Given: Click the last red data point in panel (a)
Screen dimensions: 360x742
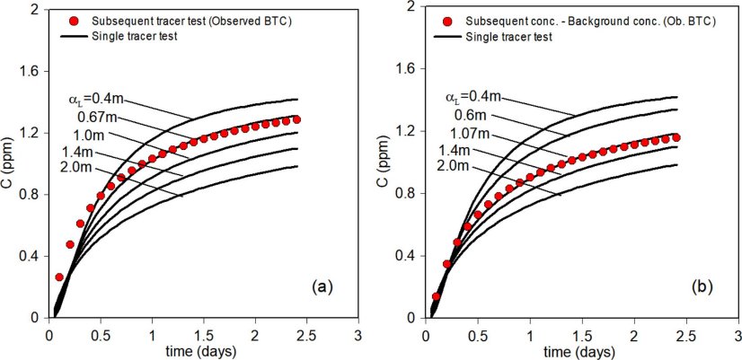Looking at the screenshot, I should point(296,119).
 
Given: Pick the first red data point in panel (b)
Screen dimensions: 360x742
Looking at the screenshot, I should point(437,296).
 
